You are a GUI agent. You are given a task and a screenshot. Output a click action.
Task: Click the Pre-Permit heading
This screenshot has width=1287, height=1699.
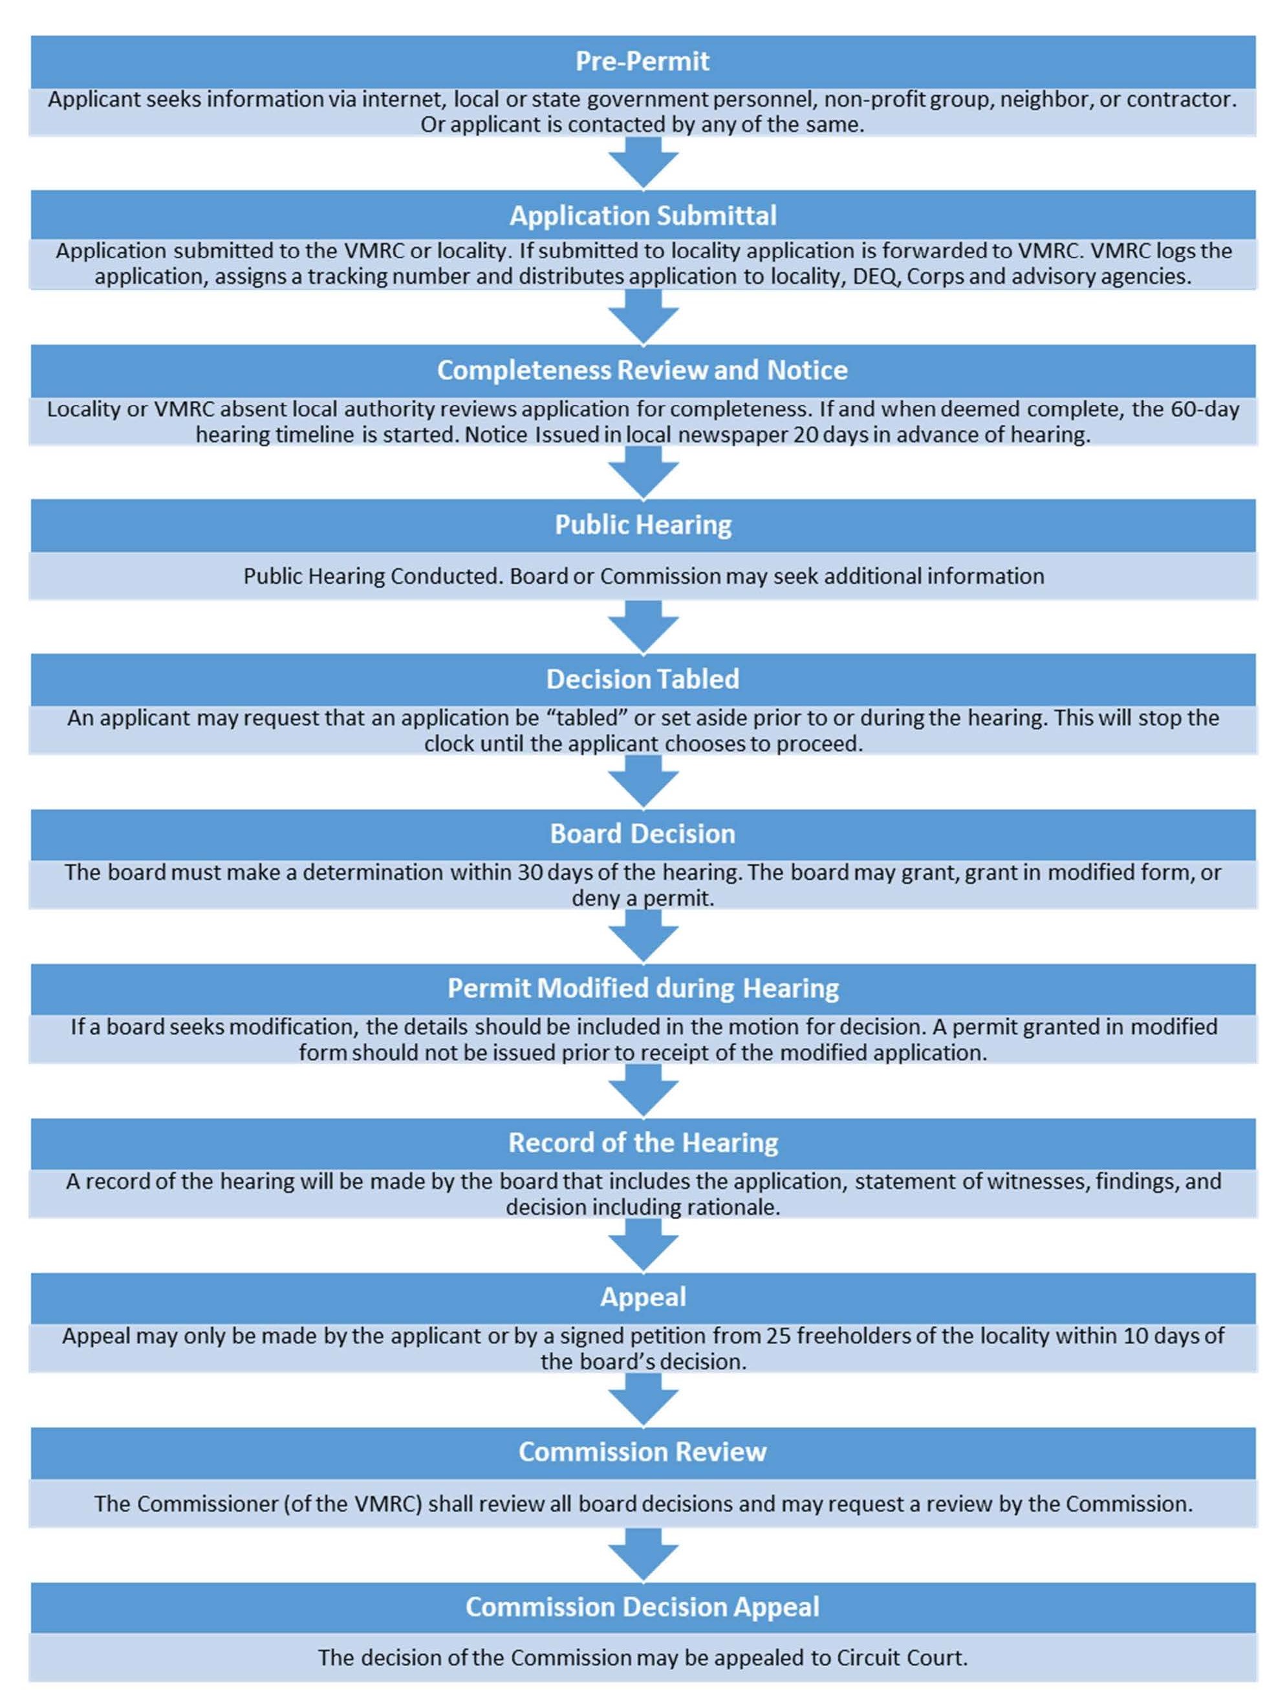[x=642, y=61]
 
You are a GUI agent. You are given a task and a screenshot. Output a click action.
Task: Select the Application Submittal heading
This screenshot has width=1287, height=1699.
[x=642, y=216]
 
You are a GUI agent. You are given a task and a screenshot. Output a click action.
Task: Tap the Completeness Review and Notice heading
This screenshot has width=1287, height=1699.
[x=642, y=370]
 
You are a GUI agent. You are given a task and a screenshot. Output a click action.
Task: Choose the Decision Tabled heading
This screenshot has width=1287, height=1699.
[x=642, y=679]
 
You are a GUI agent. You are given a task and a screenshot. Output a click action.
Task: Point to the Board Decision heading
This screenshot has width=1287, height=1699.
[x=642, y=833]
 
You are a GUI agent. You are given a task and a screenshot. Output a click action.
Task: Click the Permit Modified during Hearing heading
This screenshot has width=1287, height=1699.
[x=642, y=988]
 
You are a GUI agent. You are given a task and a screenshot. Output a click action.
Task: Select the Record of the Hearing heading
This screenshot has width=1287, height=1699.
[x=642, y=1142]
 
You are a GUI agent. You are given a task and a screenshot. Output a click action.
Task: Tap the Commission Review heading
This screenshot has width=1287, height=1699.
[x=642, y=1451]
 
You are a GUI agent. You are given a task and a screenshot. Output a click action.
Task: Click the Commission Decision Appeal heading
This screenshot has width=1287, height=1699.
[x=642, y=1606]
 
